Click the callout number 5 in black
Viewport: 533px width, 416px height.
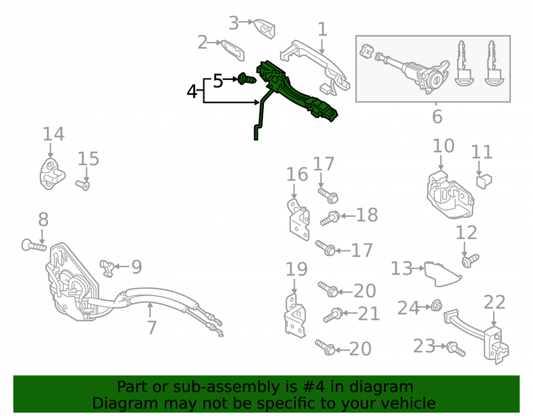click(x=218, y=81)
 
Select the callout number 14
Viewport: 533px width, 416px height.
click(x=53, y=134)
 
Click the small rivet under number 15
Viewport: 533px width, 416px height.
click(x=83, y=185)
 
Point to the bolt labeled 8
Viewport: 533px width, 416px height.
click(x=34, y=245)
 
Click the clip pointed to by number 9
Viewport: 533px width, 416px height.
click(x=107, y=267)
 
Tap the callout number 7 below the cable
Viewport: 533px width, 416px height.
click(x=151, y=328)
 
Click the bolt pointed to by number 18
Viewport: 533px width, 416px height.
click(x=330, y=218)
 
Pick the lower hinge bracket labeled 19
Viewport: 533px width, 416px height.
click(x=295, y=316)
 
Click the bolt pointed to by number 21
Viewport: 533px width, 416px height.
click(x=333, y=315)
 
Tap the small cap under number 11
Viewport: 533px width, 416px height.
click(x=484, y=181)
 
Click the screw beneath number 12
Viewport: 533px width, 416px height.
click(x=470, y=261)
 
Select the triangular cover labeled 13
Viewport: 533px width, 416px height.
click(x=442, y=274)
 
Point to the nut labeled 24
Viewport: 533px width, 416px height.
click(x=436, y=306)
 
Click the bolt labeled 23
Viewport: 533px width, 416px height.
click(x=456, y=349)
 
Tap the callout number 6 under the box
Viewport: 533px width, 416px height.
click(x=437, y=117)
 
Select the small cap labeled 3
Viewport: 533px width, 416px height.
click(x=264, y=29)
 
